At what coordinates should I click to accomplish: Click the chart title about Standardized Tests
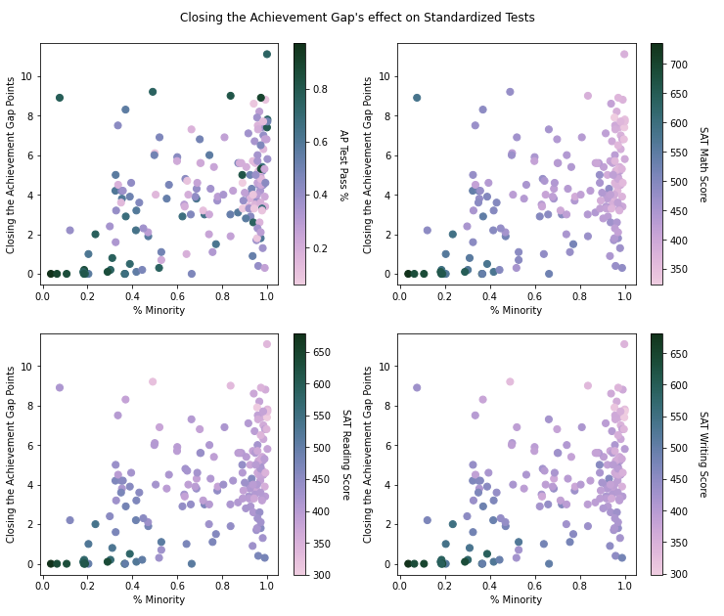[x=357, y=18]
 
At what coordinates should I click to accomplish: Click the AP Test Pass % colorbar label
[x=343, y=164]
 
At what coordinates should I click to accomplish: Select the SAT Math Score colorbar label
[x=701, y=164]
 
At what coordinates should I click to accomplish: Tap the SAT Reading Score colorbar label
[x=343, y=455]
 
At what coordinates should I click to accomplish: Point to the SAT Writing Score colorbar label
[x=701, y=455]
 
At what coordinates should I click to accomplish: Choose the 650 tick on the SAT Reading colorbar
[x=320, y=354]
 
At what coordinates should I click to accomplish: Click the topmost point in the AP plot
[x=267, y=55]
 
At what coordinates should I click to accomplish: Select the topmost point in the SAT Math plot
[x=624, y=55]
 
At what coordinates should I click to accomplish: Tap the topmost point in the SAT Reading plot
[x=267, y=344]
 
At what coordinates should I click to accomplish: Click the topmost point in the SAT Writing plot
[x=624, y=344]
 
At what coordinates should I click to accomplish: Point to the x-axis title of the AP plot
[x=158, y=311]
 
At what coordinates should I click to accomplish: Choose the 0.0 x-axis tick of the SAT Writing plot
[x=400, y=586]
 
